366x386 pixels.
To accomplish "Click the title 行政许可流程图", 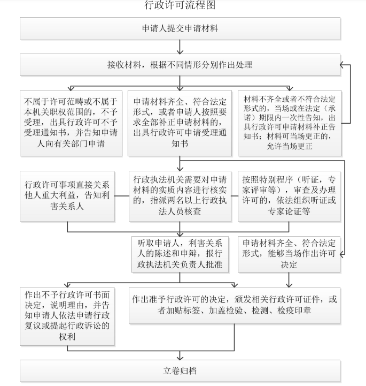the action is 180,5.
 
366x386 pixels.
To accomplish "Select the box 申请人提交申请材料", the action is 180,28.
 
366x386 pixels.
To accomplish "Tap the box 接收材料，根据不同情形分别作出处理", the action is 180,65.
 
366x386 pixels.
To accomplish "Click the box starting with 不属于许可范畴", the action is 71,123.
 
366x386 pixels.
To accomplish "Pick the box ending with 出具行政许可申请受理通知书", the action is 180,123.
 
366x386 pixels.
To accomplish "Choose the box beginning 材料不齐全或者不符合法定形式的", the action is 290,123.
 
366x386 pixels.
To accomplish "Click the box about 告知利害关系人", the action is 67,196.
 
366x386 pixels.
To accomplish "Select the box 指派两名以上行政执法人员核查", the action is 180,196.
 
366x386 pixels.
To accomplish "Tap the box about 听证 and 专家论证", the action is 289,196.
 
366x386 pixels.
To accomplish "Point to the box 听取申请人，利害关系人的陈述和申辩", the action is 180,254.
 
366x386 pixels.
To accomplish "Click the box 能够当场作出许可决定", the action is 289,254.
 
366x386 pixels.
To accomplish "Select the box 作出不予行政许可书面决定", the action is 67,316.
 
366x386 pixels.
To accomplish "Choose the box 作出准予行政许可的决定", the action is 235,305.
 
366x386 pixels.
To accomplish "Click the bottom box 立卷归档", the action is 180,371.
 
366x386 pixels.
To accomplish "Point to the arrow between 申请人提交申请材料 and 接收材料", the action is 180,47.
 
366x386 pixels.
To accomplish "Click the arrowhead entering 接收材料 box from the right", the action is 342,65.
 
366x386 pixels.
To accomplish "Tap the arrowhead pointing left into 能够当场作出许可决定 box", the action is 342,254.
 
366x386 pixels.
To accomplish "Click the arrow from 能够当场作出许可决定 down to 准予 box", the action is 289,279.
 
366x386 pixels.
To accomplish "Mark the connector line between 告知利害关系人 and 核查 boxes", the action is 122,196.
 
